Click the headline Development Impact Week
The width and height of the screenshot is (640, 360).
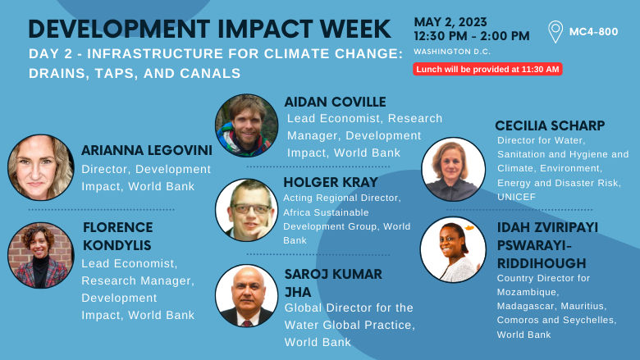pyautogui.click(x=209, y=28)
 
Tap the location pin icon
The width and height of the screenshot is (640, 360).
pyautogui.click(x=555, y=32)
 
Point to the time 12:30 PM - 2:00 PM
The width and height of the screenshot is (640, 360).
pyautogui.click(x=471, y=36)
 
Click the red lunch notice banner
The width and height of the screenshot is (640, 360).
pyautogui.click(x=487, y=69)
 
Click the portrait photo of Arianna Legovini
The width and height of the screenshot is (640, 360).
pyautogui.click(x=41, y=167)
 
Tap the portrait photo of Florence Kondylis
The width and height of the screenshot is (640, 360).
pyautogui.click(x=41, y=255)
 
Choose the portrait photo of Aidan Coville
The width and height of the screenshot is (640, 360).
pyautogui.click(x=246, y=125)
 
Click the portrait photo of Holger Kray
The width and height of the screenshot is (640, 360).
pyautogui.click(x=246, y=210)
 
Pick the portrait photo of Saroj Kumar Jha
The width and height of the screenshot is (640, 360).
pyautogui.click(x=246, y=295)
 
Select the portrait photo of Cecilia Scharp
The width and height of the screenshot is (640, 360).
pyautogui.click(x=453, y=169)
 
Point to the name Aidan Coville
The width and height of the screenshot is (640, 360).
pyautogui.click(x=336, y=103)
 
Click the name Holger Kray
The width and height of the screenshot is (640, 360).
pyautogui.click(x=331, y=182)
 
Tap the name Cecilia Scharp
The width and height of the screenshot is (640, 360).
pyautogui.click(x=550, y=125)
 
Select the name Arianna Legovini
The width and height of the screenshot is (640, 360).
pyautogui.click(x=146, y=151)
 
